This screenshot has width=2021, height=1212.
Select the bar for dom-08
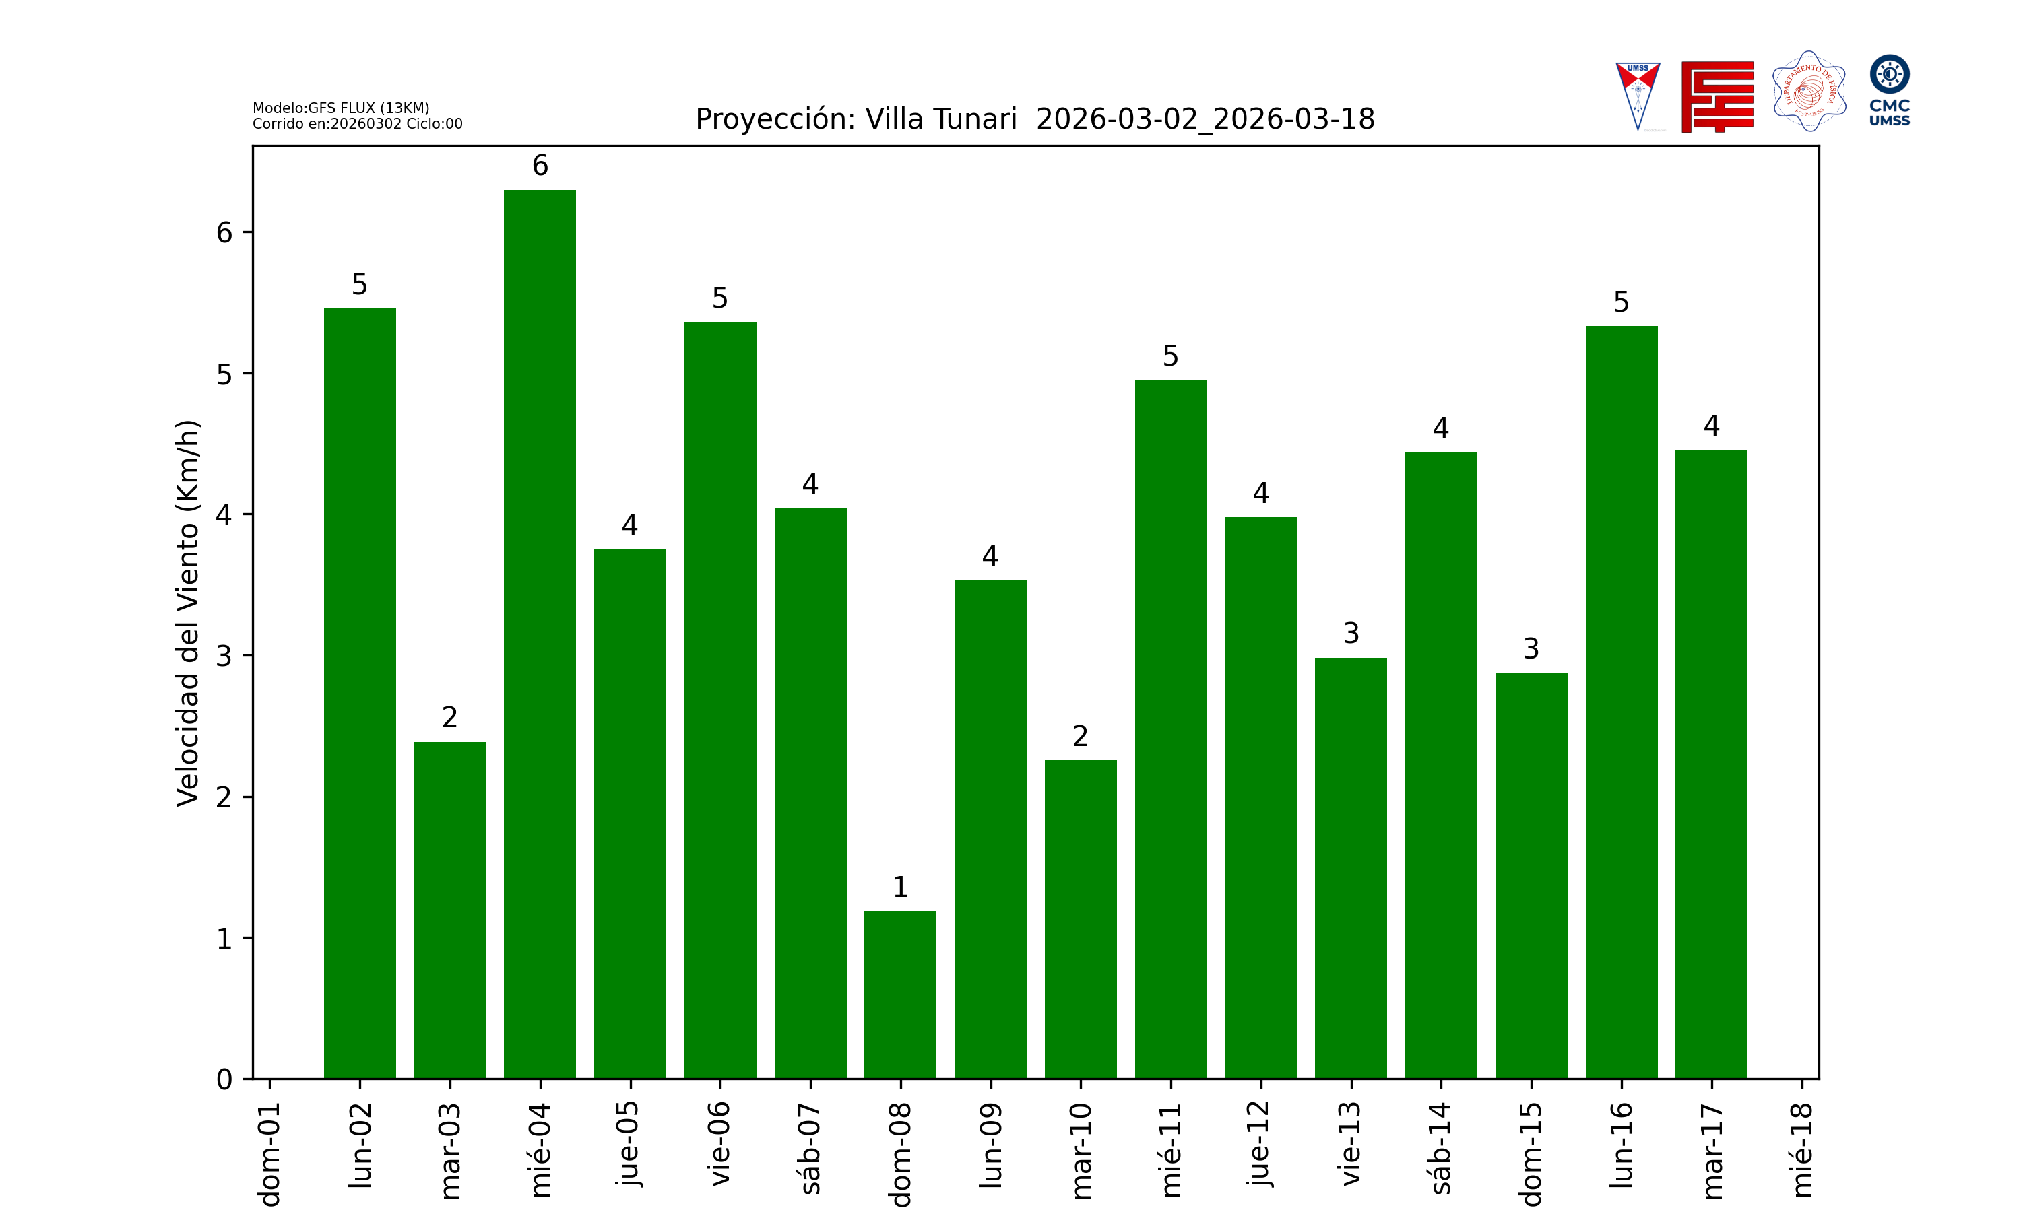click(900, 995)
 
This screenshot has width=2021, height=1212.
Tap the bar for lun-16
click(1622, 702)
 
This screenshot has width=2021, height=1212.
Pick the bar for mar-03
click(449, 910)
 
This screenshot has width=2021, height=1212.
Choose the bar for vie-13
click(1351, 868)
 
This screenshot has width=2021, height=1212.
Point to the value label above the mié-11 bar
click(1171, 356)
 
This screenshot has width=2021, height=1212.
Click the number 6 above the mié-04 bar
click(540, 166)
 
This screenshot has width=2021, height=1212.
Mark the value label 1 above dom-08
click(900, 887)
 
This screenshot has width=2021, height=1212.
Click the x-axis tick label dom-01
click(269, 1153)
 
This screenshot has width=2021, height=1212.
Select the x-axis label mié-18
click(1802, 1150)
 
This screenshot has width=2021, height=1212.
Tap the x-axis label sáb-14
click(1442, 1148)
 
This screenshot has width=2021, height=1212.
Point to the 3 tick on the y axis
click(224, 656)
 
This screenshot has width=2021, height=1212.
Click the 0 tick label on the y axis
click(224, 1080)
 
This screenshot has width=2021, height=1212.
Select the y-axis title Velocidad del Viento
click(188, 613)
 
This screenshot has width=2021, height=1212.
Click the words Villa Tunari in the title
click(941, 119)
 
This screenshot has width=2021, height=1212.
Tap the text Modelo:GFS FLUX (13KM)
click(341, 108)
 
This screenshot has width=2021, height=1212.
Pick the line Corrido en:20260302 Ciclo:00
click(357, 124)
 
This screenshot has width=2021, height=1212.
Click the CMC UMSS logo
click(1890, 90)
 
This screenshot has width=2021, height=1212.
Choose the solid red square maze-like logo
click(1717, 96)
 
